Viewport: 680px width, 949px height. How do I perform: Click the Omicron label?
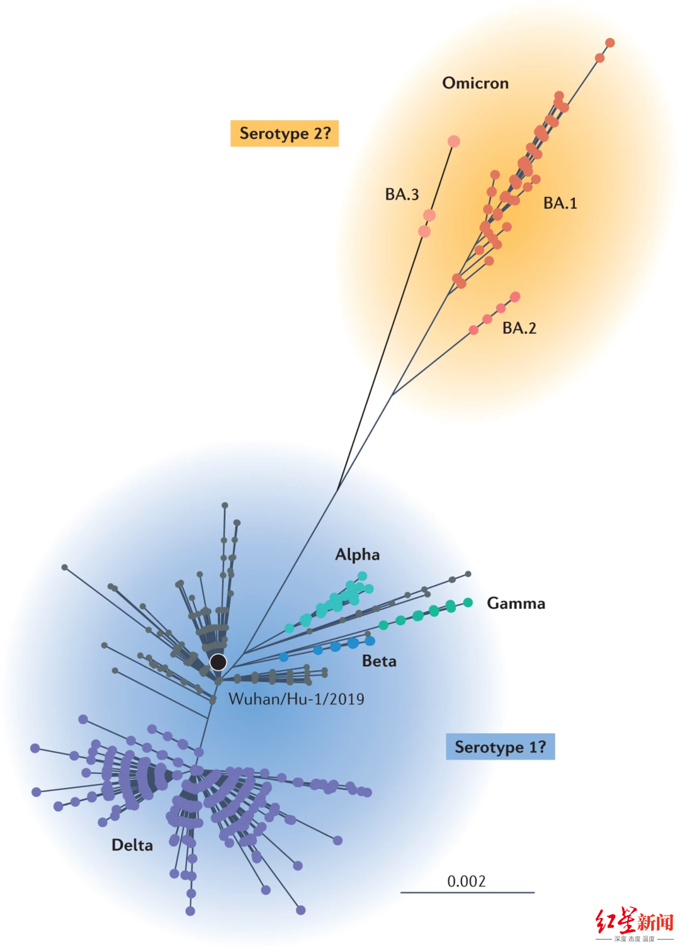pyautogui.click(x=475, y=83)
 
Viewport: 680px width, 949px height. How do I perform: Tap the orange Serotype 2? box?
pyautogui.click(x=285, y=134)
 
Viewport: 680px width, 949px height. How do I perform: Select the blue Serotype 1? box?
pyautogui.click(x=500, y=747)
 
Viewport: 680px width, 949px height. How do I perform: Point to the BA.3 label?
pyautogui.click(x=402, y=195)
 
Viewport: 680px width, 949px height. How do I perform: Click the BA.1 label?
pyautogui.click(x=560, y=203)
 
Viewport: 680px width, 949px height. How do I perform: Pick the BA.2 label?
pyautogui.click(x=519, y=328)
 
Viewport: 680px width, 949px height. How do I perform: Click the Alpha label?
pyautogui.click(x=357, y=555)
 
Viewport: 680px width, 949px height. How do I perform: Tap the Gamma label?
pyautogui.click(x=516, y=603)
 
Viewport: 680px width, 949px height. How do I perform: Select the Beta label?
pyautogui.click(x=379, y=661)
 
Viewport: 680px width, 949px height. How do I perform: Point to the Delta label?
pyautogui.click(x=132, y=845)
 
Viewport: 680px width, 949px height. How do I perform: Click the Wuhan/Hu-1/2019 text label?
pyautogui.click(x=296, y=699)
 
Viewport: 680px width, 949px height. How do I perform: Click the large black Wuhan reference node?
pyautogui.click(x=218, y=662)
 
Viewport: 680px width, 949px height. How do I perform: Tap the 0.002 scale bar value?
pyautogui.click(x=467, y=881)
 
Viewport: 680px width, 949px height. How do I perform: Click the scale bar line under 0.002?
pyautogui.click(x=467, y=892)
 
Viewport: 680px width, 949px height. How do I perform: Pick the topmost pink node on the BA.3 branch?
pyautogui.click(x=453, y=141)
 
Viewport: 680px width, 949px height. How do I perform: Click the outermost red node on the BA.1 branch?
pyautogui.click(x=609, y=43)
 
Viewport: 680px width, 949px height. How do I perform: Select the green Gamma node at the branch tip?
pyautogui.click(x=468, y=603)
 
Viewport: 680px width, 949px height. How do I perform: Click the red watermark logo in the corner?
pyautogui.click(x=634, y=923)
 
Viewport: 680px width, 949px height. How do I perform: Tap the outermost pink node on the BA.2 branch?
pyautogui.click(x=515, y=297)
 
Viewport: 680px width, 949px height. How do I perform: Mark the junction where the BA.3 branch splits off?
pyautogui.click(x=338, y=489)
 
